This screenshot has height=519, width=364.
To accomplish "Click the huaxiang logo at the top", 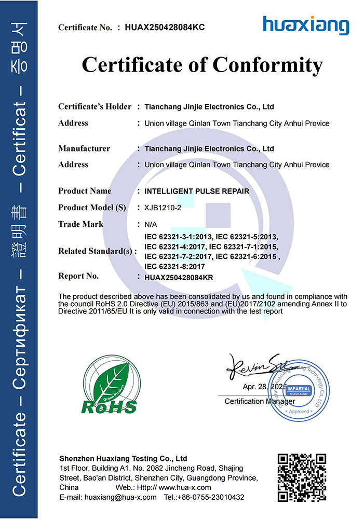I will point(305,25).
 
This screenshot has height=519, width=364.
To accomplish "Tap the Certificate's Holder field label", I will point(95,107).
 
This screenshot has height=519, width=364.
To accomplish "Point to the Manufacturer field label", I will point(84,148).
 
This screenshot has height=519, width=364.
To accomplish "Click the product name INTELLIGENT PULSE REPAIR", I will point(196,191).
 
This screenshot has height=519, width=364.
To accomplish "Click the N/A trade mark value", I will point(151,224).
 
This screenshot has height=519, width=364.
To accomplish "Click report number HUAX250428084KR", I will point(179,278).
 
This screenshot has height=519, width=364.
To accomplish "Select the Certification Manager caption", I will point(260,401).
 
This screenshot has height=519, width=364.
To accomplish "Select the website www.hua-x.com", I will point(184,487).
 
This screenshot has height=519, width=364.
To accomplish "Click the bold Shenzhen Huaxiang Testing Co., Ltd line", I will point(123,459).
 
